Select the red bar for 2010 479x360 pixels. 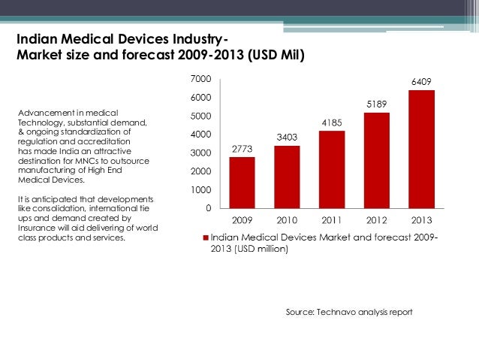tap(287, 177)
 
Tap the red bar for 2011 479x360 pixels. tap(332, 169)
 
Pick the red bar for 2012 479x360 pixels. tap(376, 160)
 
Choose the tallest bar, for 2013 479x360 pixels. tap(421, 149)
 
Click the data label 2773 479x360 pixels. tap(242, 150)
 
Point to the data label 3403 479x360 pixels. tap(287, 138)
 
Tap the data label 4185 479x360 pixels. tap(332, 123)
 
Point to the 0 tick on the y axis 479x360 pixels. tap(208, 208)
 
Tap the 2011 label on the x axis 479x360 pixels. tap(332, 222)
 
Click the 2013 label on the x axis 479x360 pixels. tap(421, 222)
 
